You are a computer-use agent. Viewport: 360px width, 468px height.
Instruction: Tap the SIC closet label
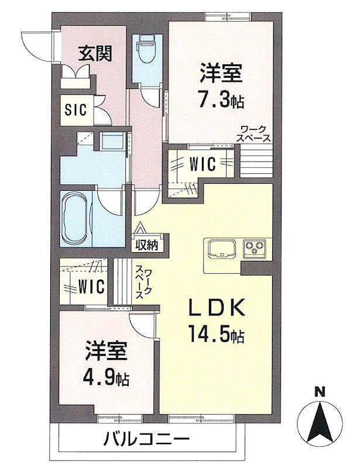(76, 109)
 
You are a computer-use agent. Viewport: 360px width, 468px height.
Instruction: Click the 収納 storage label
(147, 245)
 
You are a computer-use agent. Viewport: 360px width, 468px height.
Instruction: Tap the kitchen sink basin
(221, 248)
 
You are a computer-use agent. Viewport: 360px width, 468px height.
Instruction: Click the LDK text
(215, 307)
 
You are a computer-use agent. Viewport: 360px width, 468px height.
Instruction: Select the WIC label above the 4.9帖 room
(92, 287)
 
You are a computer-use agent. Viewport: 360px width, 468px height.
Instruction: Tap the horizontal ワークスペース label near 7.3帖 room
(254, 134)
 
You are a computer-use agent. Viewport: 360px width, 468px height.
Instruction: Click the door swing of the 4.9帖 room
(142, 321)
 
